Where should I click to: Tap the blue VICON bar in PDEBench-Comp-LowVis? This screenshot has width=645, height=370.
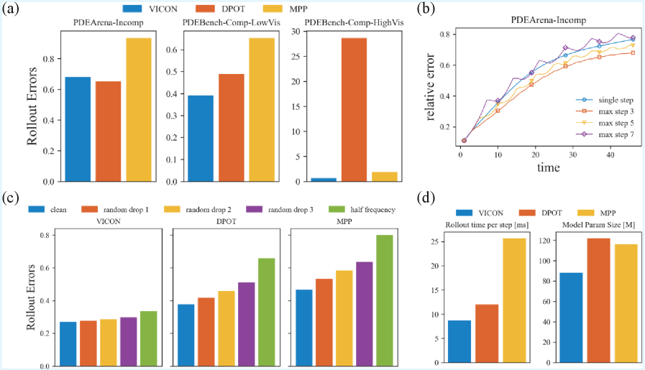click(201, 138)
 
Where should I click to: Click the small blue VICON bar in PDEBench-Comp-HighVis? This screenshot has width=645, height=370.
click(323, 179)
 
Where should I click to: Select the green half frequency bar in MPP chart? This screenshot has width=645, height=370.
click(385, 300)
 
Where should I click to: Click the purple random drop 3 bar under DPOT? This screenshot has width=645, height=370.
click(247, 324)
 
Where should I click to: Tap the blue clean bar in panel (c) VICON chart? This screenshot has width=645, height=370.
click(68, 343)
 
